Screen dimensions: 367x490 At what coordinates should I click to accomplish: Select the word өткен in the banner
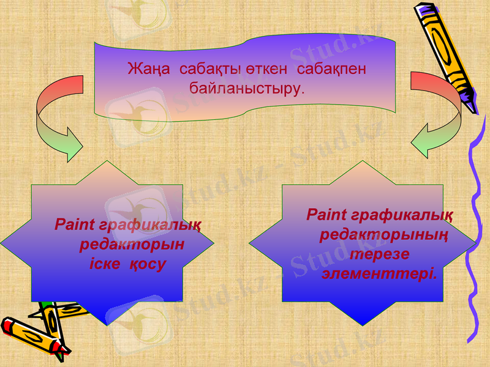(265, 69)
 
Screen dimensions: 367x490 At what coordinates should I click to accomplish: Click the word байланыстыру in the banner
(246, 88)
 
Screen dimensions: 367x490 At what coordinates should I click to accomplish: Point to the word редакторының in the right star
(383, 235)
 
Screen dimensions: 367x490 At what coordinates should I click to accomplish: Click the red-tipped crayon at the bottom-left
(34, 335)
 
